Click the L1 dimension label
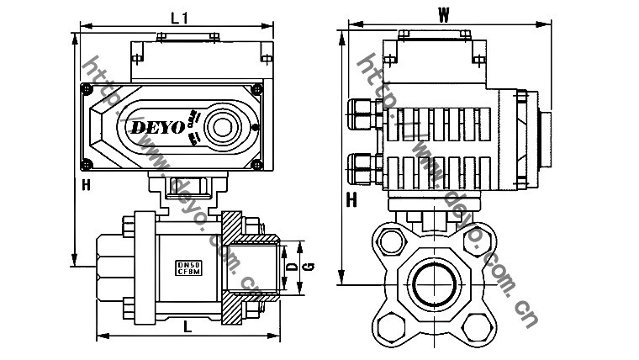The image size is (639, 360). (x=178, y=17)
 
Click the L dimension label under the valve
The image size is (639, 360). (x=187, y=328)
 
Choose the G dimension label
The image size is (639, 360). (x=309, y=267)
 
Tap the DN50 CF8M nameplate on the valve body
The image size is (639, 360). (x=188, y=267)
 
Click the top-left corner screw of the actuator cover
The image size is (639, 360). (x=86, y=88)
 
